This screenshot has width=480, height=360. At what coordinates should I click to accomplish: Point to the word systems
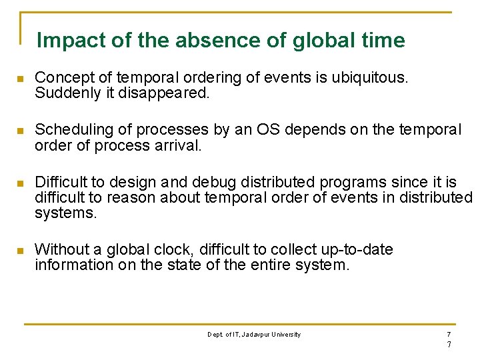tap(66, 213)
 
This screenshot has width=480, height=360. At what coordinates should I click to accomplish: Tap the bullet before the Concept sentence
tap(21, 79)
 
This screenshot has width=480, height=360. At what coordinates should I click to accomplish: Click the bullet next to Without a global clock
tap(21, 251)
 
